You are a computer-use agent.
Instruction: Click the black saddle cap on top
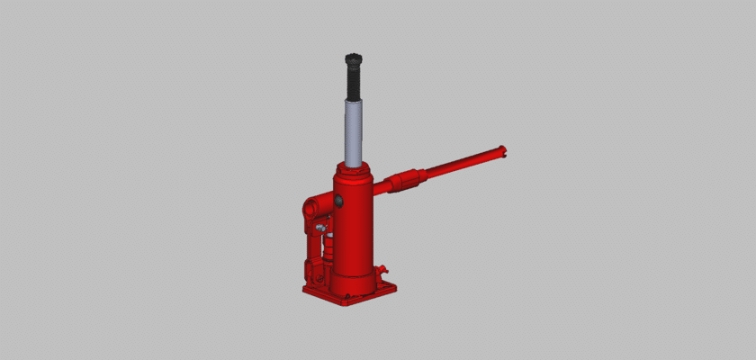(352, 59)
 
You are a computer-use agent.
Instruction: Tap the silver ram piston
(354, 130)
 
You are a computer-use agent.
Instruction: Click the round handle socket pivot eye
(310, 208)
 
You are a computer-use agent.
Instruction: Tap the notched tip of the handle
(502, 151)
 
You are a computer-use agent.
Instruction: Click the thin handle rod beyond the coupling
(459, 165)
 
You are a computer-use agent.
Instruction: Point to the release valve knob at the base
(382, 269)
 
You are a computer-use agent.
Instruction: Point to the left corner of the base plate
(306, 290)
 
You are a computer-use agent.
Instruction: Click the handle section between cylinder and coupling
(382, 189)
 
